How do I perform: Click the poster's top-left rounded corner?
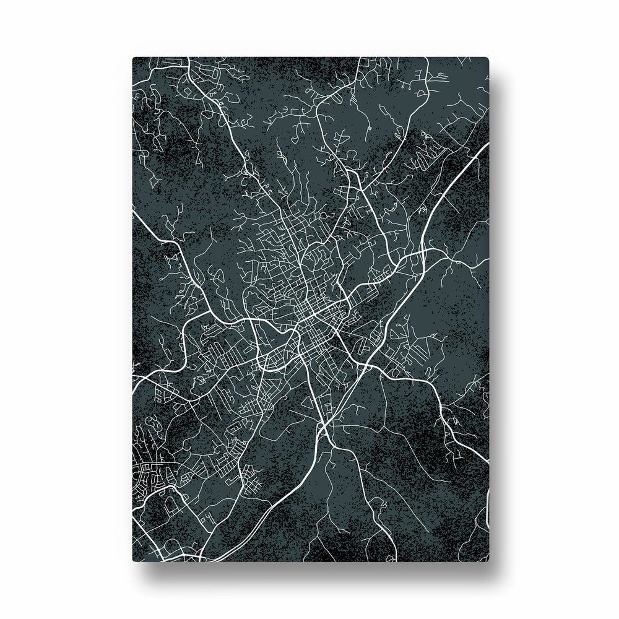(134, 59)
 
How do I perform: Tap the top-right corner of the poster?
(487, 59)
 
